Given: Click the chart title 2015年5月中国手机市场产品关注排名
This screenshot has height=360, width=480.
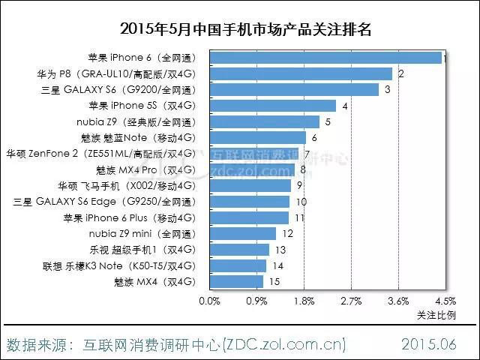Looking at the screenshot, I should point(240,30).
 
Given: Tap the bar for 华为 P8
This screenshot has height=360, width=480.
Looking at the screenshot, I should point(301,73).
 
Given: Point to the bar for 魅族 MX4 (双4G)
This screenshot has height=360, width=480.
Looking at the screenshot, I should point(236,282).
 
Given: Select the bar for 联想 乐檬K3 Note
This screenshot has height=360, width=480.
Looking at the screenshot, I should point(238,266).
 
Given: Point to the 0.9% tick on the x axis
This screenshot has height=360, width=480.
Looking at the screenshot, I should point(256,301).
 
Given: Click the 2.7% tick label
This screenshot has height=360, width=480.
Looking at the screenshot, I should point(351,301).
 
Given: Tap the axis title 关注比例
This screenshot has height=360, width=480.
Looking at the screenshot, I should point(436,316).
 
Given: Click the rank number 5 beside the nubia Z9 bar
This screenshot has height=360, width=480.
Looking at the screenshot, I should point(328,121).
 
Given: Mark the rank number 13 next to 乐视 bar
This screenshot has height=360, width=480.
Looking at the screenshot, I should point(280,250).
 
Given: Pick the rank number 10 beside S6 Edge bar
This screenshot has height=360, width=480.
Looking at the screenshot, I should point(301,202).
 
